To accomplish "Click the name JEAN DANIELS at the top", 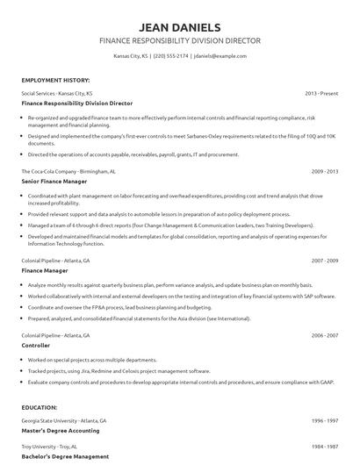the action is point(180,26).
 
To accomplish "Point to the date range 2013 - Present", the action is point(321,92).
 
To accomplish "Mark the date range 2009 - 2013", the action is point(325,170).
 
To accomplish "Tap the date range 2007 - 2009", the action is point(325,261).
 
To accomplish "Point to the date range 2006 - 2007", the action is point(325,336).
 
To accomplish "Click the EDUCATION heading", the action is point(40,408).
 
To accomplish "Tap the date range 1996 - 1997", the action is point(325,421).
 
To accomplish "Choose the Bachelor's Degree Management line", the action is point(64,457).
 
